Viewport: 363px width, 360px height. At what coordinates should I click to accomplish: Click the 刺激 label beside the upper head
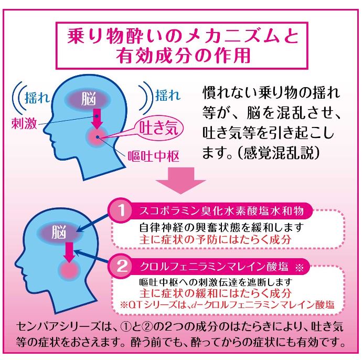[x=24, y=123]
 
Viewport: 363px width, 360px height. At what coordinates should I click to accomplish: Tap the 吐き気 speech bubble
[x=159, y=128]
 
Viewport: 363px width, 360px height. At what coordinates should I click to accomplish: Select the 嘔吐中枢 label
[x=154, y=156]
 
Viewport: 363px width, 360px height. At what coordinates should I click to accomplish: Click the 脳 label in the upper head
[x=89, y=99]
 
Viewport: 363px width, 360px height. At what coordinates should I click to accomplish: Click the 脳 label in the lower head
[x=59, y=232]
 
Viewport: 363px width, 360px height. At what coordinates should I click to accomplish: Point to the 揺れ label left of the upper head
[x=37, y=98]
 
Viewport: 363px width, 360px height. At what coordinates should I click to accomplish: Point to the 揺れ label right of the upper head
[x=168, y=95]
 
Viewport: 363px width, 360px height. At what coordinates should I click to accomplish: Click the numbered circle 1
[x=121, y=210]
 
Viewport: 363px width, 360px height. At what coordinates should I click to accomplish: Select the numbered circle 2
[x=122, y=266]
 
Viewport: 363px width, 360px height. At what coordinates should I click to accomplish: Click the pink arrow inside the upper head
[x=98, y=119]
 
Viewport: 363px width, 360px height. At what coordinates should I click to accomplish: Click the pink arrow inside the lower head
[x=69, y=252]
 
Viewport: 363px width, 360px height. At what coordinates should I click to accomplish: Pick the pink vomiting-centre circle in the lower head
[x=69, y=270]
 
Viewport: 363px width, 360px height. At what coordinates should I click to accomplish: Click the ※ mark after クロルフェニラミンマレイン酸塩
[x=299, y=268]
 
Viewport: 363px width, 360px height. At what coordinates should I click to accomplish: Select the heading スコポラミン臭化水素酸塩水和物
[x=221, y=211]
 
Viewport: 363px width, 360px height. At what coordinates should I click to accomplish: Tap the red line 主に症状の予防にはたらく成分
[x=215, y=239]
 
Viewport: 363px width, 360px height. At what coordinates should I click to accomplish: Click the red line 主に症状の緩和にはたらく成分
[x=215, y=293]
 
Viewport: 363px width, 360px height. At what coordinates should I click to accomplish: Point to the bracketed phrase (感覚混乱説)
[x=279, y=152]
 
